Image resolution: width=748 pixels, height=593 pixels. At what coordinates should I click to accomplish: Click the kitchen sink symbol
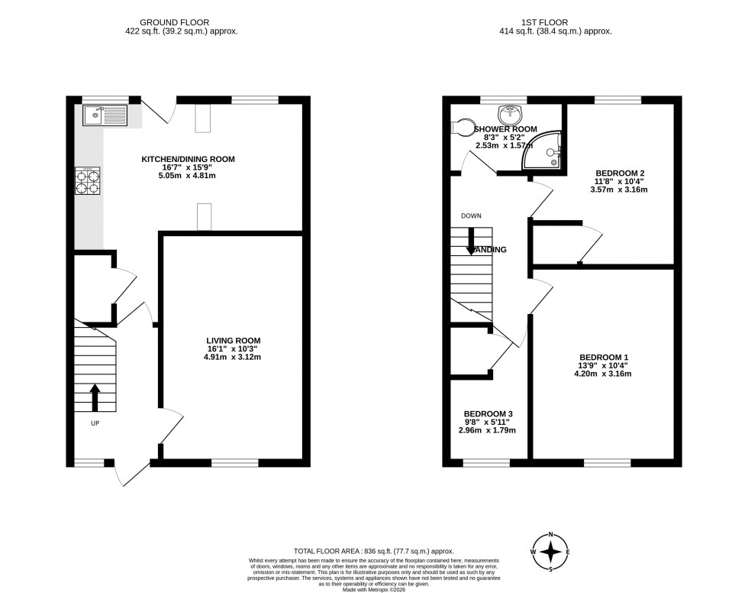[105, 115]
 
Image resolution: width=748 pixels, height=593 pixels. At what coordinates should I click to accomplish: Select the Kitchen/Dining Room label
[188, 159]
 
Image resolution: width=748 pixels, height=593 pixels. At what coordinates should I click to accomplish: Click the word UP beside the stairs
[95, 423]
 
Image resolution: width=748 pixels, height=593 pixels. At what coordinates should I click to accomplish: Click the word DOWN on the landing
[470, 216]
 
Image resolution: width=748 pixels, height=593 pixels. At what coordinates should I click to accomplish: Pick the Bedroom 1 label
[603, 357]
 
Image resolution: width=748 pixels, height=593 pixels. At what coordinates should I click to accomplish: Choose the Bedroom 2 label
[618, 173]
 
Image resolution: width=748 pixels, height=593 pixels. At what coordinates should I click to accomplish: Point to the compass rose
[553, 551]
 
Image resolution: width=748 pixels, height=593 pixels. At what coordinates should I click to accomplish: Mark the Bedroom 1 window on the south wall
[608, 463]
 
